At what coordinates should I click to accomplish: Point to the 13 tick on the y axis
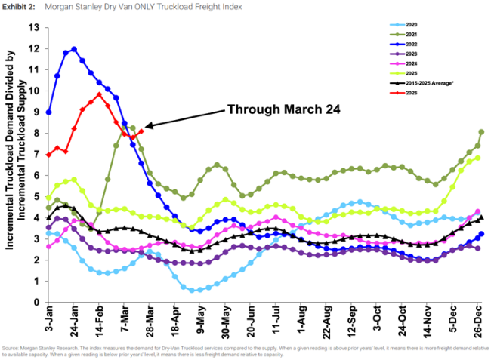33,27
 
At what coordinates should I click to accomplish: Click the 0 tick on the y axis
36,302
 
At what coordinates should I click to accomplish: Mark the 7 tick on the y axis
36,154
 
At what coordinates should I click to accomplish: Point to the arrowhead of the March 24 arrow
146,126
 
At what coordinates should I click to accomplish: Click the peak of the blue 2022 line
74,49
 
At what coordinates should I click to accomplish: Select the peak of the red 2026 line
99,94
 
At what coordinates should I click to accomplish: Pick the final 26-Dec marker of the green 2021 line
481,132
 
